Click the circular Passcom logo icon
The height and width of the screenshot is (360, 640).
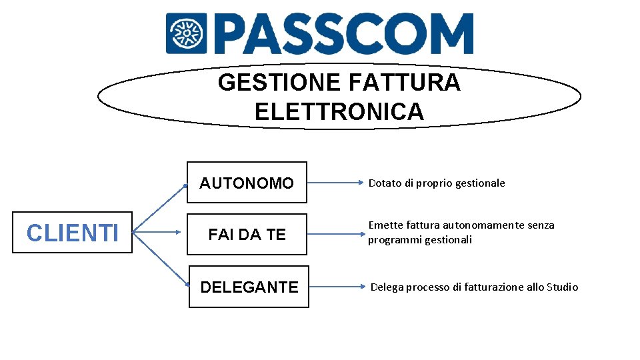tap(187, 33)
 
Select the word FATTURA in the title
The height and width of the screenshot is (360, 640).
tap(404, 83)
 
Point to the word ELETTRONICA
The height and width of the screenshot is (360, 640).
tap(339, 111)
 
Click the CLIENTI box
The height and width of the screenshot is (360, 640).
tap(72, 233)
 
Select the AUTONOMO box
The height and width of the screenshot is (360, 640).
tap(247, 182)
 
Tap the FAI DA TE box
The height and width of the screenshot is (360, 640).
tap(247, 234)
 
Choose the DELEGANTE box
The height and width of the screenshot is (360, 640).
tap(249, 287)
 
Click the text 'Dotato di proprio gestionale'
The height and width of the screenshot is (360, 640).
tap(437, 183)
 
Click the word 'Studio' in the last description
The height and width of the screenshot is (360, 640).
tap(562, 287)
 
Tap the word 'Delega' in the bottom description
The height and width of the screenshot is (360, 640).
tap(387, 287)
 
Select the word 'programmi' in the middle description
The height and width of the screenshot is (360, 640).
tap(392, 239)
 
